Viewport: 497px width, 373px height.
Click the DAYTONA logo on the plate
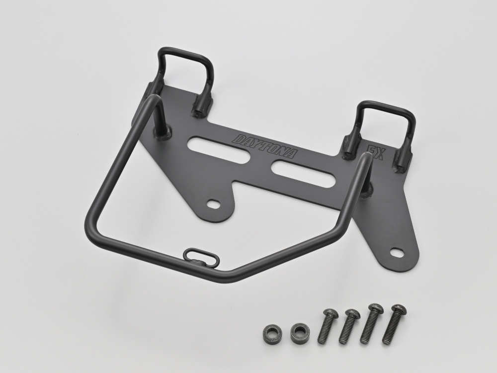pyautogui.click(x=265, y=146)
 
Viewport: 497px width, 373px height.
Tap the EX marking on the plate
pyautogui.click(x=376, y=153)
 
